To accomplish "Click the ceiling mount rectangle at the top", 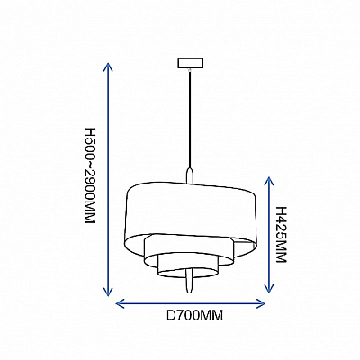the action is click(x=191, y=63).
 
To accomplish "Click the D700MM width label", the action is click(x=195, y=316).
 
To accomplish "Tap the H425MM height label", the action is click(x=282, y=235).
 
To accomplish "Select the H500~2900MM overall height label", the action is click(x=90, y=175).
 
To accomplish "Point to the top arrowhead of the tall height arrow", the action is click(x=108, y=67).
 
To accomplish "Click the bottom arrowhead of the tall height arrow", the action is click(x=108, y=292).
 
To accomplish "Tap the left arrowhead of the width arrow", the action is click(x=121, y=303).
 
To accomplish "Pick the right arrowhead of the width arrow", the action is click(x=260, y=303).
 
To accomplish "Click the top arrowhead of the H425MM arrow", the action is click(x=269, y=182).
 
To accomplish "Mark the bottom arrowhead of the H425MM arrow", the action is click(x=269, y=288).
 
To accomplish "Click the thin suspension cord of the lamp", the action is click(x=190, y=119).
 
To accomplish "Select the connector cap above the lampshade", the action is click(x=190, y=175).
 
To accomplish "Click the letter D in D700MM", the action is click(x=171, y=316).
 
